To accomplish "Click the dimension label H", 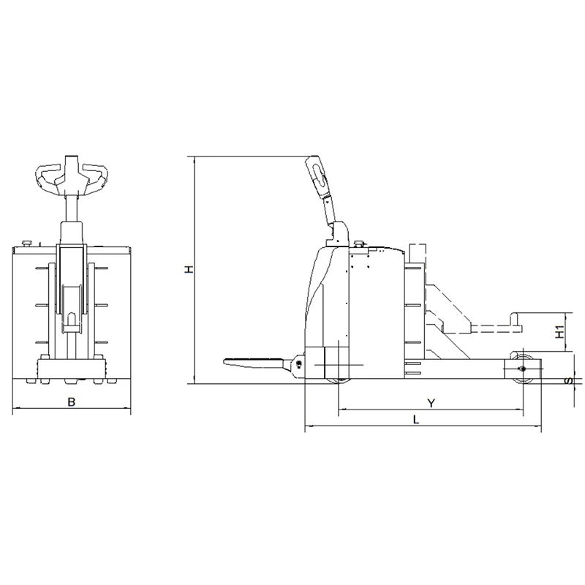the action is tap(190, 269).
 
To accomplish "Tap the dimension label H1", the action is tap(559, 332).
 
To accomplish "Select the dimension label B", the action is tap(71, 401).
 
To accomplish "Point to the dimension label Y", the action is tap(431, 404).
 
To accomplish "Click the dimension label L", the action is tap(416, 420).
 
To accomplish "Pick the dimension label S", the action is tap(569, 381).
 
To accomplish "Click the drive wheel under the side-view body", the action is tap(339, 380).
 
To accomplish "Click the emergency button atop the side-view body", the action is tap(359, 244).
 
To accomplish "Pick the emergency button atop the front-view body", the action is tap(27, 244).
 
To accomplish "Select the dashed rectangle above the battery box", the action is tap(418, 254).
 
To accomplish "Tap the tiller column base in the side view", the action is tap(338, 234).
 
